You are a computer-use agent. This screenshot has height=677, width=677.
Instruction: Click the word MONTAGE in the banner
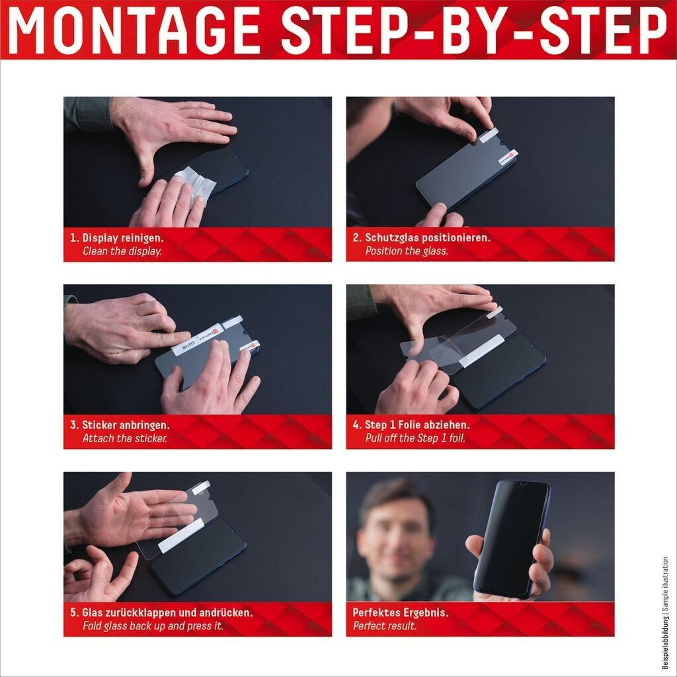pos(134,30)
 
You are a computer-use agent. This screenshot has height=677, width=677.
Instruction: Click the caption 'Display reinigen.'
pos(123,237)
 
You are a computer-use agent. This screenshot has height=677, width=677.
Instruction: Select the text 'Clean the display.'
pos(122,251)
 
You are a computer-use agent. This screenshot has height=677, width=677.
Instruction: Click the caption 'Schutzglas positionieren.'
pos(428,237)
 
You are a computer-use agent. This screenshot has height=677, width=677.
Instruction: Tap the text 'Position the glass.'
pos(407,251)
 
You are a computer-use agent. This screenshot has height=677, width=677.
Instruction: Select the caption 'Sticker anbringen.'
pos(126,425)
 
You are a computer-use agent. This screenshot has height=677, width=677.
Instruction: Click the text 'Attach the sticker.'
pos(125,438)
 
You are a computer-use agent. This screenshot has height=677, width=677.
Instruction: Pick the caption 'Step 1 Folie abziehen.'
pos(417,425)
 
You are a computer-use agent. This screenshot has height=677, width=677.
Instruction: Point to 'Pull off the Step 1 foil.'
pos(415,438)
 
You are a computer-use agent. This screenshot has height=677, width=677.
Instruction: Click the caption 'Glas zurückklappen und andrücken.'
pos(167,612)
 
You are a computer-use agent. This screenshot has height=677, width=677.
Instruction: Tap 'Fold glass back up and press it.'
pos(153,625)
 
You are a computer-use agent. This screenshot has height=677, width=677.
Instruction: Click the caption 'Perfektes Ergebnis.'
pos(401,612)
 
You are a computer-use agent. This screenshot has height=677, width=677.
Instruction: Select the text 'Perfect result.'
pos(385,625)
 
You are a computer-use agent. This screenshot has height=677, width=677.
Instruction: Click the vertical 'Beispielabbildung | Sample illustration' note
pos(665,613)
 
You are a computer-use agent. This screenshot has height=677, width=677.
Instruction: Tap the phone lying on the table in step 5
pos(198,557)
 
